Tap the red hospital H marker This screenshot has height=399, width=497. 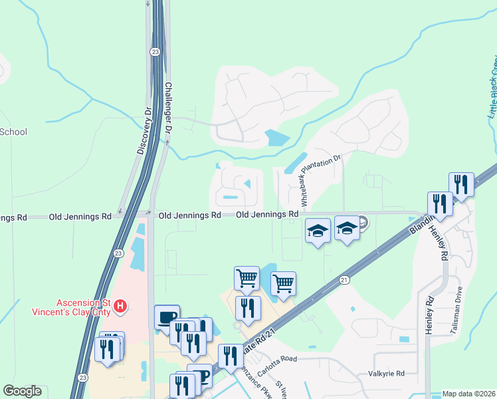click(120, 306)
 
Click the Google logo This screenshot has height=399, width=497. click(23, 391)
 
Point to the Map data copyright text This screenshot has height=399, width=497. click(469, 394)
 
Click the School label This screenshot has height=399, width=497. click(13, 132)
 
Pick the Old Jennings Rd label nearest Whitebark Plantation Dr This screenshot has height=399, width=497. click(267, 215)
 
